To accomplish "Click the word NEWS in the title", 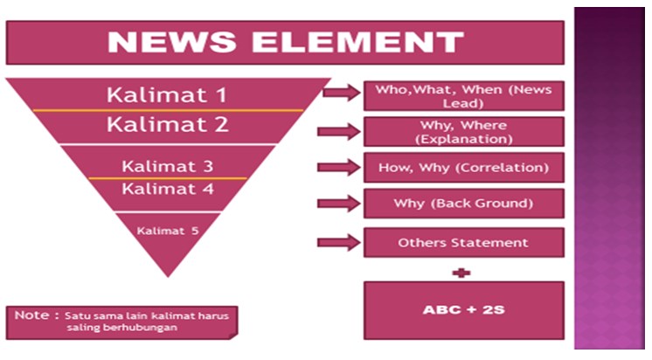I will click(x=175, y=42).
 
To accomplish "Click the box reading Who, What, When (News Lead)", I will click(x=463, y=95).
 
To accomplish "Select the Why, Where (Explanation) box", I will click(x=463, y=132).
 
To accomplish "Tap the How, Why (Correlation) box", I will click(x=463, y=167).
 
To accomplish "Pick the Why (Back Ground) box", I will click(x=463, y=204).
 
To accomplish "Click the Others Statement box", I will click(x=463, y=242).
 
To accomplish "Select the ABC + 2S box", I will click(x=463, y=309).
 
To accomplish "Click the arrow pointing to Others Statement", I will click(x=339, y=242).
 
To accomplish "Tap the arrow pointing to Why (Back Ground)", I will click(x=339, y=204).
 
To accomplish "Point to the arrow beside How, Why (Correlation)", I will click(x=339, y=167).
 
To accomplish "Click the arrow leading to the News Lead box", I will click(x=339, y=92).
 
